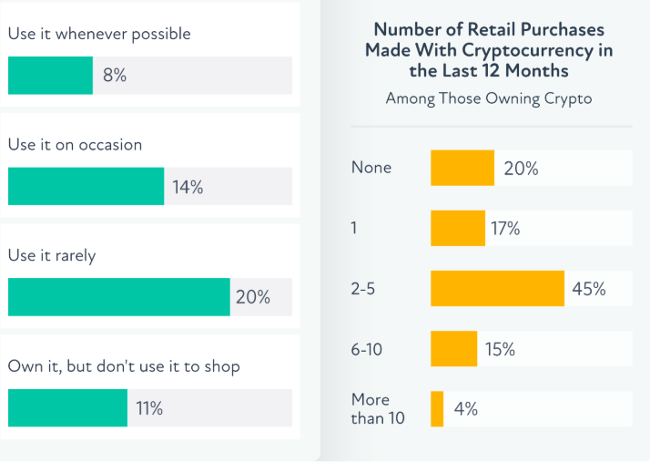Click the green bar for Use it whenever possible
[x=50, y=76]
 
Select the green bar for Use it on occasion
[x=86, y=186]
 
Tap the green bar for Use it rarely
[x=118, y=297]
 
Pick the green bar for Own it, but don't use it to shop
[x=67, y=408]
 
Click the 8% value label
[x=115, y=76]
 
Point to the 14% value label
[x=188, y=187]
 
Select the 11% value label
[x=149, y=408]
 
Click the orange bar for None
[x=462, y=168]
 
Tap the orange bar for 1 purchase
[x=458, y=228]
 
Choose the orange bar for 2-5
[x=498, y=289]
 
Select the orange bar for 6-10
[x=453, y=349]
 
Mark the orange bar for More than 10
[x=437, y=409]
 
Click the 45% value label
[x=589, y=289]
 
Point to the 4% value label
[x=466, y=409]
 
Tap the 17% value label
[x=506, y=228]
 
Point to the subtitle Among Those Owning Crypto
[x=489, y=98]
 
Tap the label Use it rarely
[x=51, y=256]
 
